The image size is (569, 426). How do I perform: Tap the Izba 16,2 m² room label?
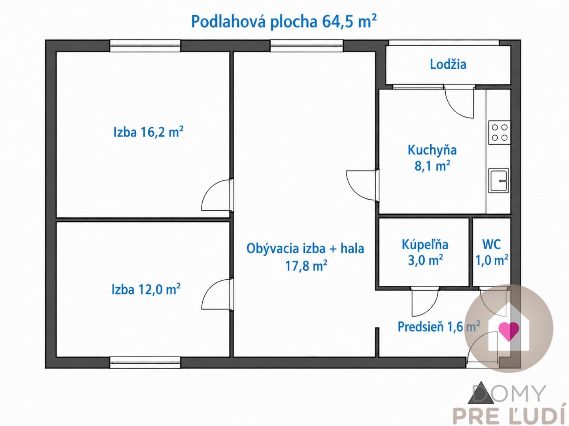[149, 132]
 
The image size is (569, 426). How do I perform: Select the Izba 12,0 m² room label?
[146, 289]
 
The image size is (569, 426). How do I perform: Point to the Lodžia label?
[448, 64]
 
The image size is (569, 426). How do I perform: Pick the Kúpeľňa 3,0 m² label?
[425, 252]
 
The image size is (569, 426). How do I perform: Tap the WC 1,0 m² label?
[492, 252]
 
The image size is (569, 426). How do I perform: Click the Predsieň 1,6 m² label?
[439, 327]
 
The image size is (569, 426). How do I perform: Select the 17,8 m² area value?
[306, 265]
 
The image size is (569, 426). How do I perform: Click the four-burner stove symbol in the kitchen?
[499, 132]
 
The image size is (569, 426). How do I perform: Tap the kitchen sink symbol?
[499, 181]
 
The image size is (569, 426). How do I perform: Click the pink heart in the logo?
[509, 331]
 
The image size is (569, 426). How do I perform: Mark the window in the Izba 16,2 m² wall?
[145, 45]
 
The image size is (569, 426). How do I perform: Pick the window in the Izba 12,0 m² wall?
[145, 362]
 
